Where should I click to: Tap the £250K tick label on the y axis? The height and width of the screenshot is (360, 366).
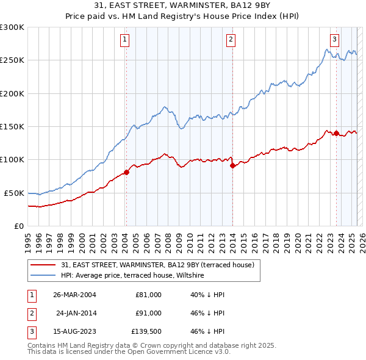tap(12, 60)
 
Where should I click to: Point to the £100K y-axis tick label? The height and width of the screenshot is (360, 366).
tap(12, 159)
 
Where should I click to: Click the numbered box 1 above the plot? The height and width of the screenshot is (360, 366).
tap(124, 40)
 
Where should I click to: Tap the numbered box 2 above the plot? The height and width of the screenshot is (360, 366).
tap(231, 40)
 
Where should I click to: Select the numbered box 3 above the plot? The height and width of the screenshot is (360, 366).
tap(335, 40)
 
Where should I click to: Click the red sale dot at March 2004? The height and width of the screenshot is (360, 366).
tap(127, 172)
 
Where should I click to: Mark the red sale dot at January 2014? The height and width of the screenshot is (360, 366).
tap(232, 165)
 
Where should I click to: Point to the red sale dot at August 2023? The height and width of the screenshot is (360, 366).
tap(336, 134)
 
